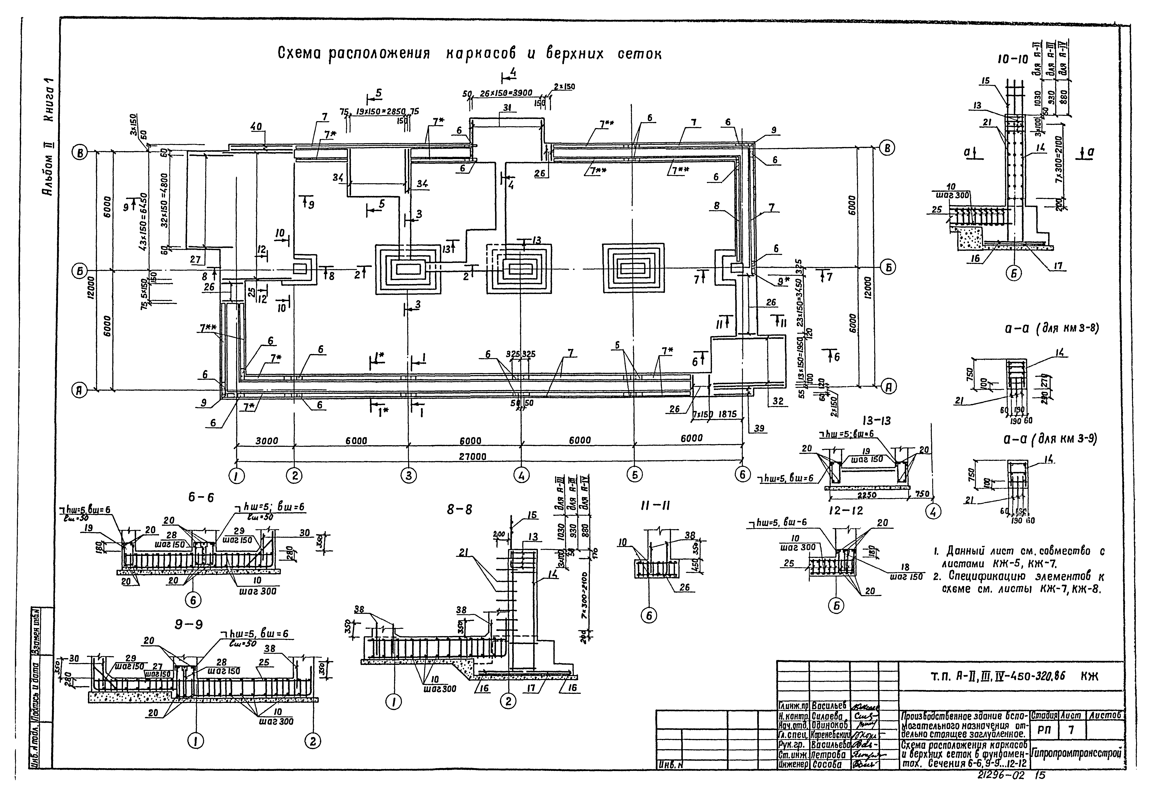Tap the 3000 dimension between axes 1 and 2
click(x=266, y=441)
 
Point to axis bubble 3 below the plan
click(x=408, y=476)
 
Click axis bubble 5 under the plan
click(x=634, y=475)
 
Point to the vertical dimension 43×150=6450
click(x=144, y=222)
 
